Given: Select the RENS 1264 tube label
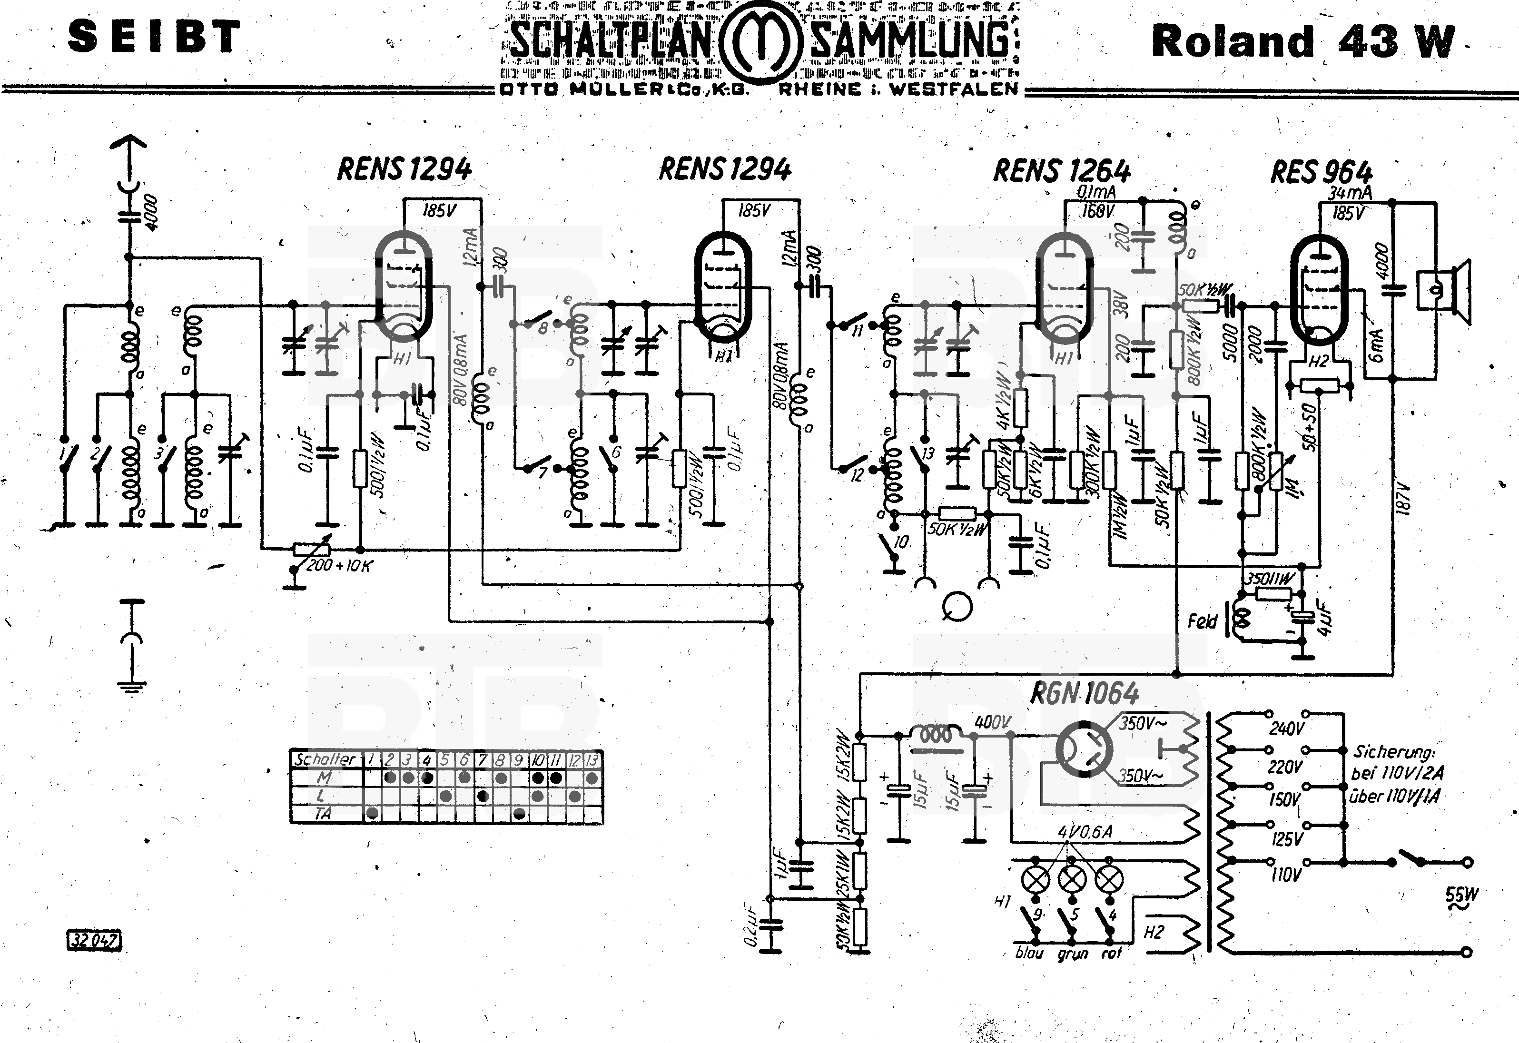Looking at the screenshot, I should click(x=1062, y=171).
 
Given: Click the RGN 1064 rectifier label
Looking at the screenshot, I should click(x=1085, y=693).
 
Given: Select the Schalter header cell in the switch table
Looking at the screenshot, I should click(x=325, y=759).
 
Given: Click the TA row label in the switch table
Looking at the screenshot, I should click(x=323, y=814).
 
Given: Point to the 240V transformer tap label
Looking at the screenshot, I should click(x=1286, y=728).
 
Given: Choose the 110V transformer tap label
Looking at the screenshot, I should click(x=1286, y=875).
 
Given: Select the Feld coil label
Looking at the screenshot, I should click(x=1202, y=621).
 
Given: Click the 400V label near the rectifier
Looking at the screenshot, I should click(x=993, y=722).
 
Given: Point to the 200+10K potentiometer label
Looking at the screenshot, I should click(x=338, y=566).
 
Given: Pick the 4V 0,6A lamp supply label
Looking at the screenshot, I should click(x=1085, y=832).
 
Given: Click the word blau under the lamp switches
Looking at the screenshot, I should click(x=1029, y=954).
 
